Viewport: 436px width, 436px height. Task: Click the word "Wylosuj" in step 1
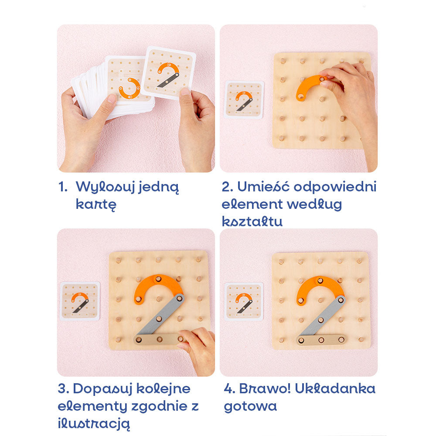point(106,187)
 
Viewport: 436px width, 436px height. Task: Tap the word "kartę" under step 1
point(96,204)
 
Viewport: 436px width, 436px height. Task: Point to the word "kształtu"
point(252,221)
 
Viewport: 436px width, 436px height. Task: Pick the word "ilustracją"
point(94,423)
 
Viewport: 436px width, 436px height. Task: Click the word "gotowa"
point(250,406)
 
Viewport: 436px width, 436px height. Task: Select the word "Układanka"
point(335,388)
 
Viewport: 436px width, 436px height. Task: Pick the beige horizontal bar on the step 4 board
point(321,340)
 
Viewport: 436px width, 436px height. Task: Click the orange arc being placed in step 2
point(309,85)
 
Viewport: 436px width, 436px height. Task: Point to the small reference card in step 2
point(244,100)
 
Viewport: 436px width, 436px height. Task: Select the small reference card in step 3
point(80,301)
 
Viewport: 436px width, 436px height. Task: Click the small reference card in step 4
point(244,302)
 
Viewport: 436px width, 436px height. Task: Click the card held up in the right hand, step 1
point(168,73)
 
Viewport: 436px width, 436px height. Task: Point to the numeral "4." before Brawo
point(230,389)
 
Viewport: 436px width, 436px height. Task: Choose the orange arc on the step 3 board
point(158,282)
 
